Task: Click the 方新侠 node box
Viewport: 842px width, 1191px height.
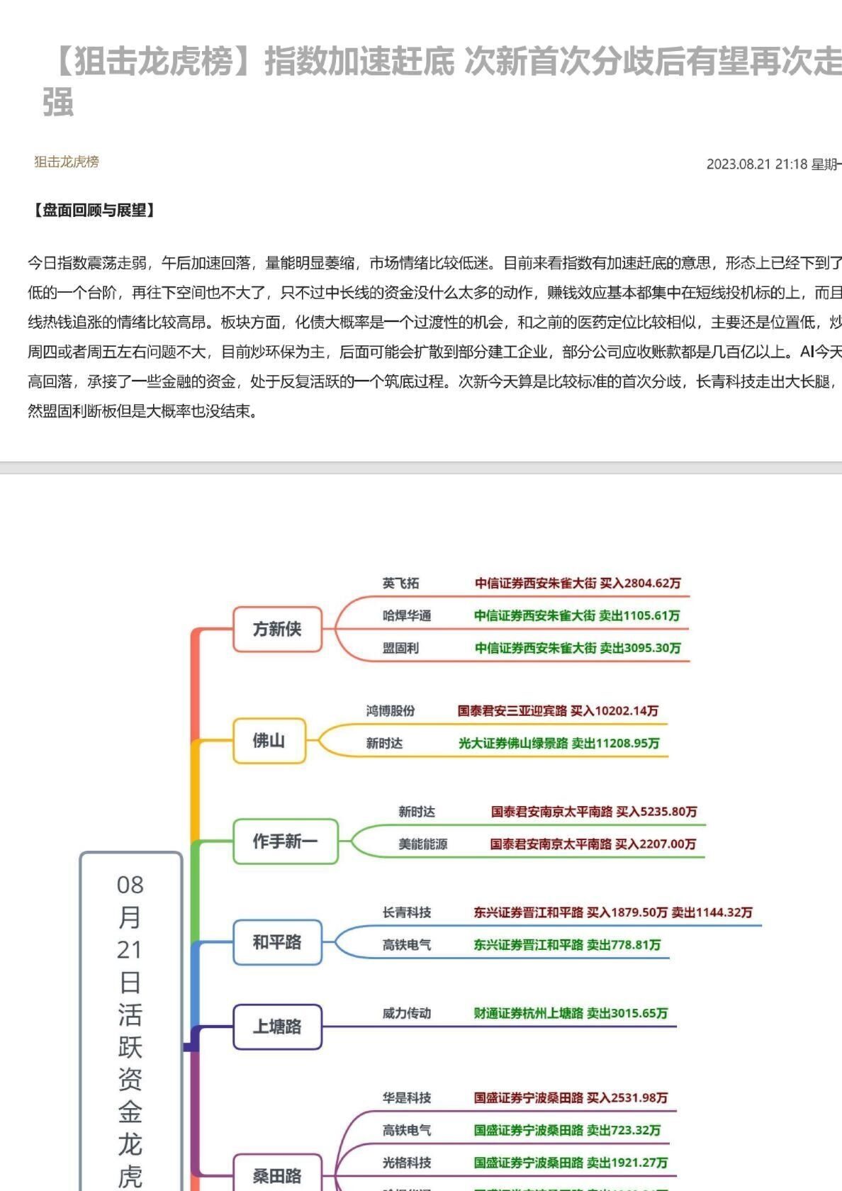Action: click(277, 629)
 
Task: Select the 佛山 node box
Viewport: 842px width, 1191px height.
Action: click(269, 741)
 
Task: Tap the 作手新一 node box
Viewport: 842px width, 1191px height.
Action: click(285, 841)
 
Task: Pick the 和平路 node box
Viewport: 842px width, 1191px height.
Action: click(277, 942)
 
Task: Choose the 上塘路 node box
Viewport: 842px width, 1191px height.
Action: click(277, 1027)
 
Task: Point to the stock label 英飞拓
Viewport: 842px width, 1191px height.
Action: click(400, 583)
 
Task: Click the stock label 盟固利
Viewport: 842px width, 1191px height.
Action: click(400, 648)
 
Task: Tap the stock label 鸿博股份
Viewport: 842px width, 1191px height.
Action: click(391, 711)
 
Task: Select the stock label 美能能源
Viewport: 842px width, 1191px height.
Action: click(422, 844)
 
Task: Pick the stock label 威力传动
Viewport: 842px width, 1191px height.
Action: click(407, 1013)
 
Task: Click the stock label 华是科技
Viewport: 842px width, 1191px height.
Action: click(407, 1098)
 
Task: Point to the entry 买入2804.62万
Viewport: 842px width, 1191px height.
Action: click(640, 583)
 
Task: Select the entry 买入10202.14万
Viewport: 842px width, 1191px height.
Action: click(614, 711)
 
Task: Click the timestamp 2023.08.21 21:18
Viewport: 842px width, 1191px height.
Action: click(757, 164)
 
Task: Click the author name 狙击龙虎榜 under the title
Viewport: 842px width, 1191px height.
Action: click(67, 162)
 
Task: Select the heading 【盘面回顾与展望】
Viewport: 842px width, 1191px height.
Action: click(94, 210)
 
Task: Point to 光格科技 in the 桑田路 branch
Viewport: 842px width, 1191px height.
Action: click(407, 1163)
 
